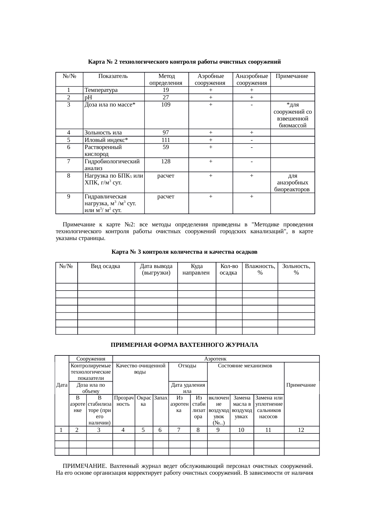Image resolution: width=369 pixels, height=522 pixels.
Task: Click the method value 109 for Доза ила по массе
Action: coord(166,105)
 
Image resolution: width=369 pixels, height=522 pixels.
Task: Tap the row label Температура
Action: coord(101,90)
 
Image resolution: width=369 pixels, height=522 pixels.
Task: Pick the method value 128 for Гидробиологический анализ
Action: coord(166,162)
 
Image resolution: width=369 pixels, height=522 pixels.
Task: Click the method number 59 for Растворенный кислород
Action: coord(166,147)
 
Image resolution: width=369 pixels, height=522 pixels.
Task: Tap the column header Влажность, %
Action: coord(260,269)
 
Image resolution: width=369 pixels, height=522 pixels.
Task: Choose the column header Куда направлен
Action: coord(196,269)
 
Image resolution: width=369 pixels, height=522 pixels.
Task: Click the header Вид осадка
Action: coord(106,266)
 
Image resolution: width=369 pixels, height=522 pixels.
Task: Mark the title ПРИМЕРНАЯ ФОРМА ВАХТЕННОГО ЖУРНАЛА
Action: coord(184,345)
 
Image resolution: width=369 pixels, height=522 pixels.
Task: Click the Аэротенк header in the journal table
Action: coord(215,359)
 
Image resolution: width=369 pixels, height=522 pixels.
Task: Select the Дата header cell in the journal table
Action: coord(62,385)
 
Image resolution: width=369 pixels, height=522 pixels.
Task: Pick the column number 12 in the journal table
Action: coord(301,430)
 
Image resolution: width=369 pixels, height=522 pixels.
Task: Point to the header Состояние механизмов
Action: coord(245,366)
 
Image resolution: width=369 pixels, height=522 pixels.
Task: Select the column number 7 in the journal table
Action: coord(179,430)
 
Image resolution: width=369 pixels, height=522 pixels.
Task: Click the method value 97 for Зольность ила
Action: coord(166,133)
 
